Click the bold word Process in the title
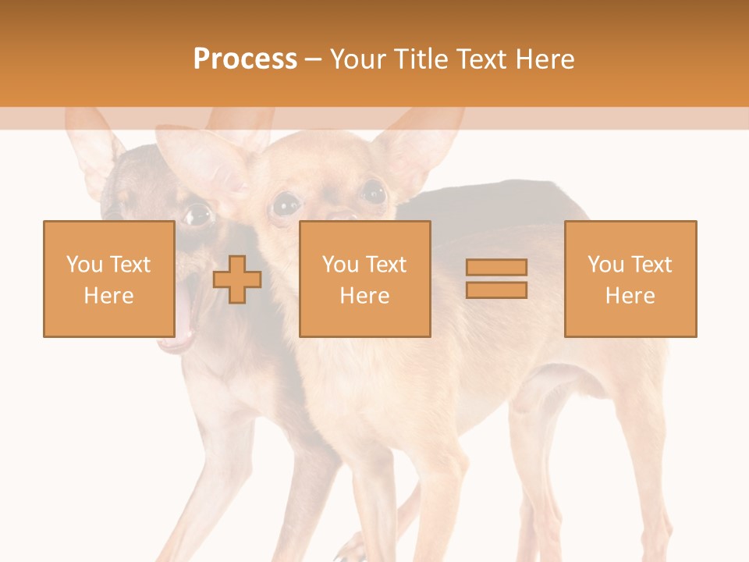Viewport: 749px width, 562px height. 245,59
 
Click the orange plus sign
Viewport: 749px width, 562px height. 237,279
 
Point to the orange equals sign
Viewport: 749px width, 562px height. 496,279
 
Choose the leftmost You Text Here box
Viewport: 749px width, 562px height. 108,279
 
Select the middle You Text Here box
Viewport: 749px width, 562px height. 364,279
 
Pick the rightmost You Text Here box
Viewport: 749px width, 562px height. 630,279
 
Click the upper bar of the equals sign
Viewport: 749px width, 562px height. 496,268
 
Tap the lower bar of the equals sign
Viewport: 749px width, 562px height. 496,290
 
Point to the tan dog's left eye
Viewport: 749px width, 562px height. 286,205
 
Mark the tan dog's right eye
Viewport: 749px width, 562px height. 373,192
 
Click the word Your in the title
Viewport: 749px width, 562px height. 357,59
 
